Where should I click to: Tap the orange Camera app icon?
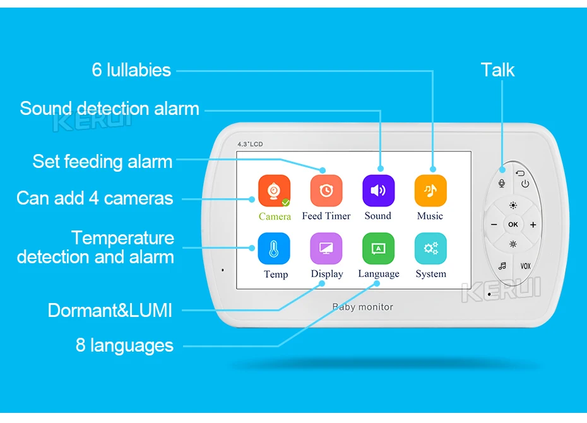pyautogui.click(x=275, y=191)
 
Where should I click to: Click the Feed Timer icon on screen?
pyautogui.click(x=326, y=191)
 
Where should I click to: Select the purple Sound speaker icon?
pyautogui.click(x=378, y=191)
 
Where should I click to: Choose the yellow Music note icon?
pyautogui.click(x=430, y=191)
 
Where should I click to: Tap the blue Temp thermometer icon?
pyautogui.click(x=275, y=249)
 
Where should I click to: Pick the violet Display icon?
pyautogui.click(x=326, y=249)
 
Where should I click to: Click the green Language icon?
pyautogui.click(x=378, y=249)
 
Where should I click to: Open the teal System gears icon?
pyautogui.click(x=430, y=249)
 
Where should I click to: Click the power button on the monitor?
pyautogui.click(x=525, y=184)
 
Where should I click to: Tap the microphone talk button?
pyautogui.click(x=502, y=183)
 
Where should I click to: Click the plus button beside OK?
pyautogui.click(x=533, y=225)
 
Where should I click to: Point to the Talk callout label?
pyautogui.click(x=497, y=69)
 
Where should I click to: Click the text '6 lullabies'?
pyautogui.click(x=131, y=69)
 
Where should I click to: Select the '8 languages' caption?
pyautogui.click(x=124, y=345)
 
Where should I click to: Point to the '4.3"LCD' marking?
pyautogui.click(x=250, y=145)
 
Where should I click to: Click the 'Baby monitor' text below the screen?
pyautogui.click(x=363, y=307)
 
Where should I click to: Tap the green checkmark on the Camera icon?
pyautogui.click(x=286, y=203)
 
